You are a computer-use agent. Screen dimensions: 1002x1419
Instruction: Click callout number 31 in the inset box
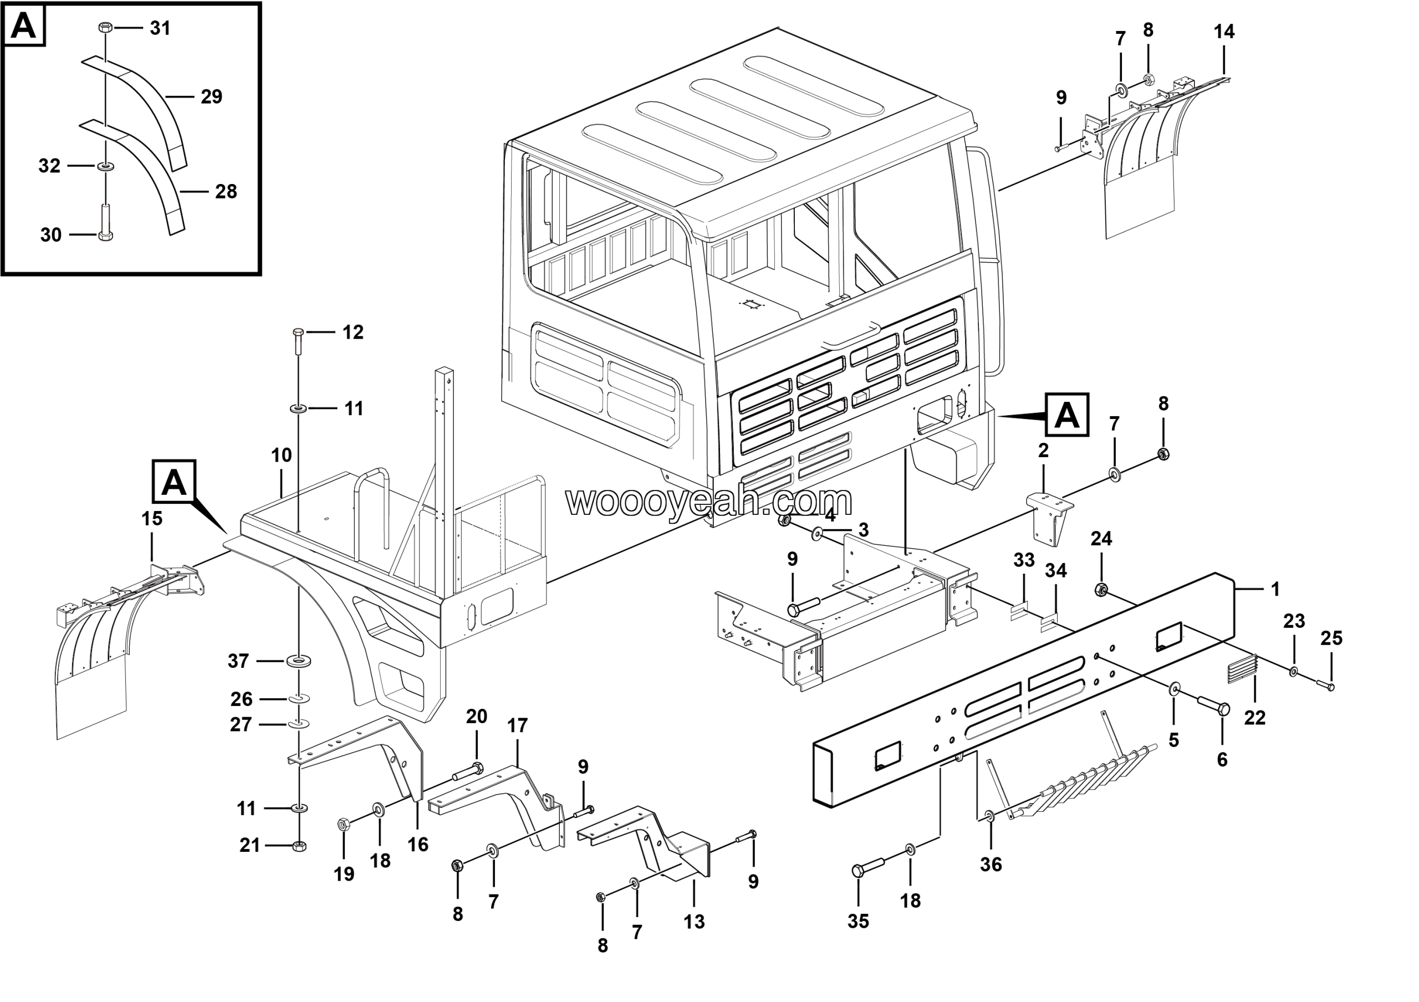pos(160,28)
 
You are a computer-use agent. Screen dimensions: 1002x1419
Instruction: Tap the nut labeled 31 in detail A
pos(105,28)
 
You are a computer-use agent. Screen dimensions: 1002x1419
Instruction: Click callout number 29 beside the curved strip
pos(211,97)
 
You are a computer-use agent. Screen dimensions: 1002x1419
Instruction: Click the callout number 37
pos(238,661)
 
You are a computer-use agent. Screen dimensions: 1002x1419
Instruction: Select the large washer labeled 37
pos(299,662)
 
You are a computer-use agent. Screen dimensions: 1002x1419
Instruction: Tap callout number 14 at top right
pos(1224,32)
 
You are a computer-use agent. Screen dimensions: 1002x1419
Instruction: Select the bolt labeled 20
pos(469,771)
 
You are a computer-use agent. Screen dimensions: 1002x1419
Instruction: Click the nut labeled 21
pos(299,846)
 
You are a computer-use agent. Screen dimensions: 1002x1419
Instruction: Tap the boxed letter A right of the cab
pos(1066,415)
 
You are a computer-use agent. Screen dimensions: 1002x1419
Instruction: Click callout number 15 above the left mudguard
pos(152,519)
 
